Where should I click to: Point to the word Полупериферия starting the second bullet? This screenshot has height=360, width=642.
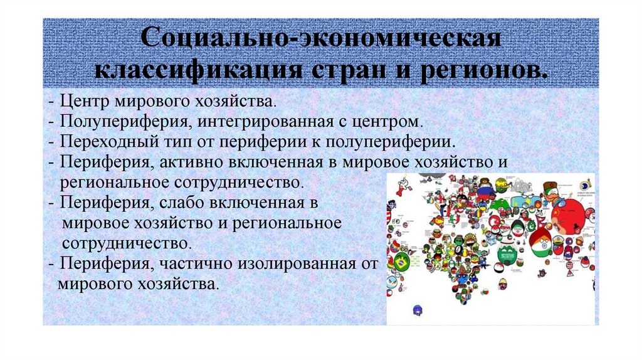[110, 120]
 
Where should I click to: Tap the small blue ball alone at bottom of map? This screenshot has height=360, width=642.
[417, 309]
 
